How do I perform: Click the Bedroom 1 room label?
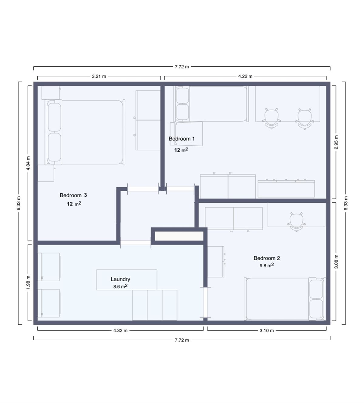(181, 139)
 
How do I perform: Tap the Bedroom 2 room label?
(267, 258)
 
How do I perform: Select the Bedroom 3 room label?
(73, 195)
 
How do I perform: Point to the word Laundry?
(120, 279)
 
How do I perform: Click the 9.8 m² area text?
(267, 265)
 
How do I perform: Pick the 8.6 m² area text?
(120, 286)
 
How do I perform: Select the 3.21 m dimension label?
(99, 76)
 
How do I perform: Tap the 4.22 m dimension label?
(245, 76)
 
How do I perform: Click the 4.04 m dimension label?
(28, 163)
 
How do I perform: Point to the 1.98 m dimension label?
(28, 282)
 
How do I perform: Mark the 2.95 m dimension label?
(336, 142)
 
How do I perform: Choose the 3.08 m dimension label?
(336, 261)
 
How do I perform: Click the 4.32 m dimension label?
(120, 331)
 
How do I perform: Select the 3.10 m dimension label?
(267, 331)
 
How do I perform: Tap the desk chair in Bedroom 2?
(296, 221)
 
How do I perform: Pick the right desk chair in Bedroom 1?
(305, 118)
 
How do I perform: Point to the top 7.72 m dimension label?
(182, 67)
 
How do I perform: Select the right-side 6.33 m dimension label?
(346, 203)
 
